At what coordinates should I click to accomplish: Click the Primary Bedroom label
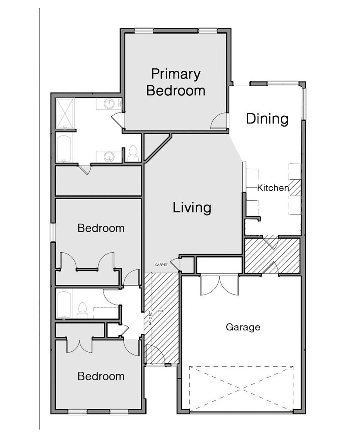[x=176, y=82]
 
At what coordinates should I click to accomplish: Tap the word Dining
[x=267, y=119]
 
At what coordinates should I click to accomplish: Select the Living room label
[x=192, y=208]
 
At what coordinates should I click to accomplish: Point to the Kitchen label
[x=273, y=188]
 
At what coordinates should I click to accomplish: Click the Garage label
[x=243, y=327]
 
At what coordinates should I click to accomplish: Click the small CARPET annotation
[x=161, y=265]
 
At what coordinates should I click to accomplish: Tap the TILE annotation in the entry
[x=161, y=311]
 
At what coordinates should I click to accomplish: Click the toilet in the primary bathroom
[x=132, y=154]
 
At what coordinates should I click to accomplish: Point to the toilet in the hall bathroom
[x=82, y=310]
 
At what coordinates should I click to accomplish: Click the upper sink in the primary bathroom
[x=108, y=104]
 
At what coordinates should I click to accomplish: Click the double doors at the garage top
[x=219, y=285]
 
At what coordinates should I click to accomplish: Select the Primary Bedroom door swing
[x=219, y=121]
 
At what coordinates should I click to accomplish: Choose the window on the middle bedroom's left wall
[x=53, y=232]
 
